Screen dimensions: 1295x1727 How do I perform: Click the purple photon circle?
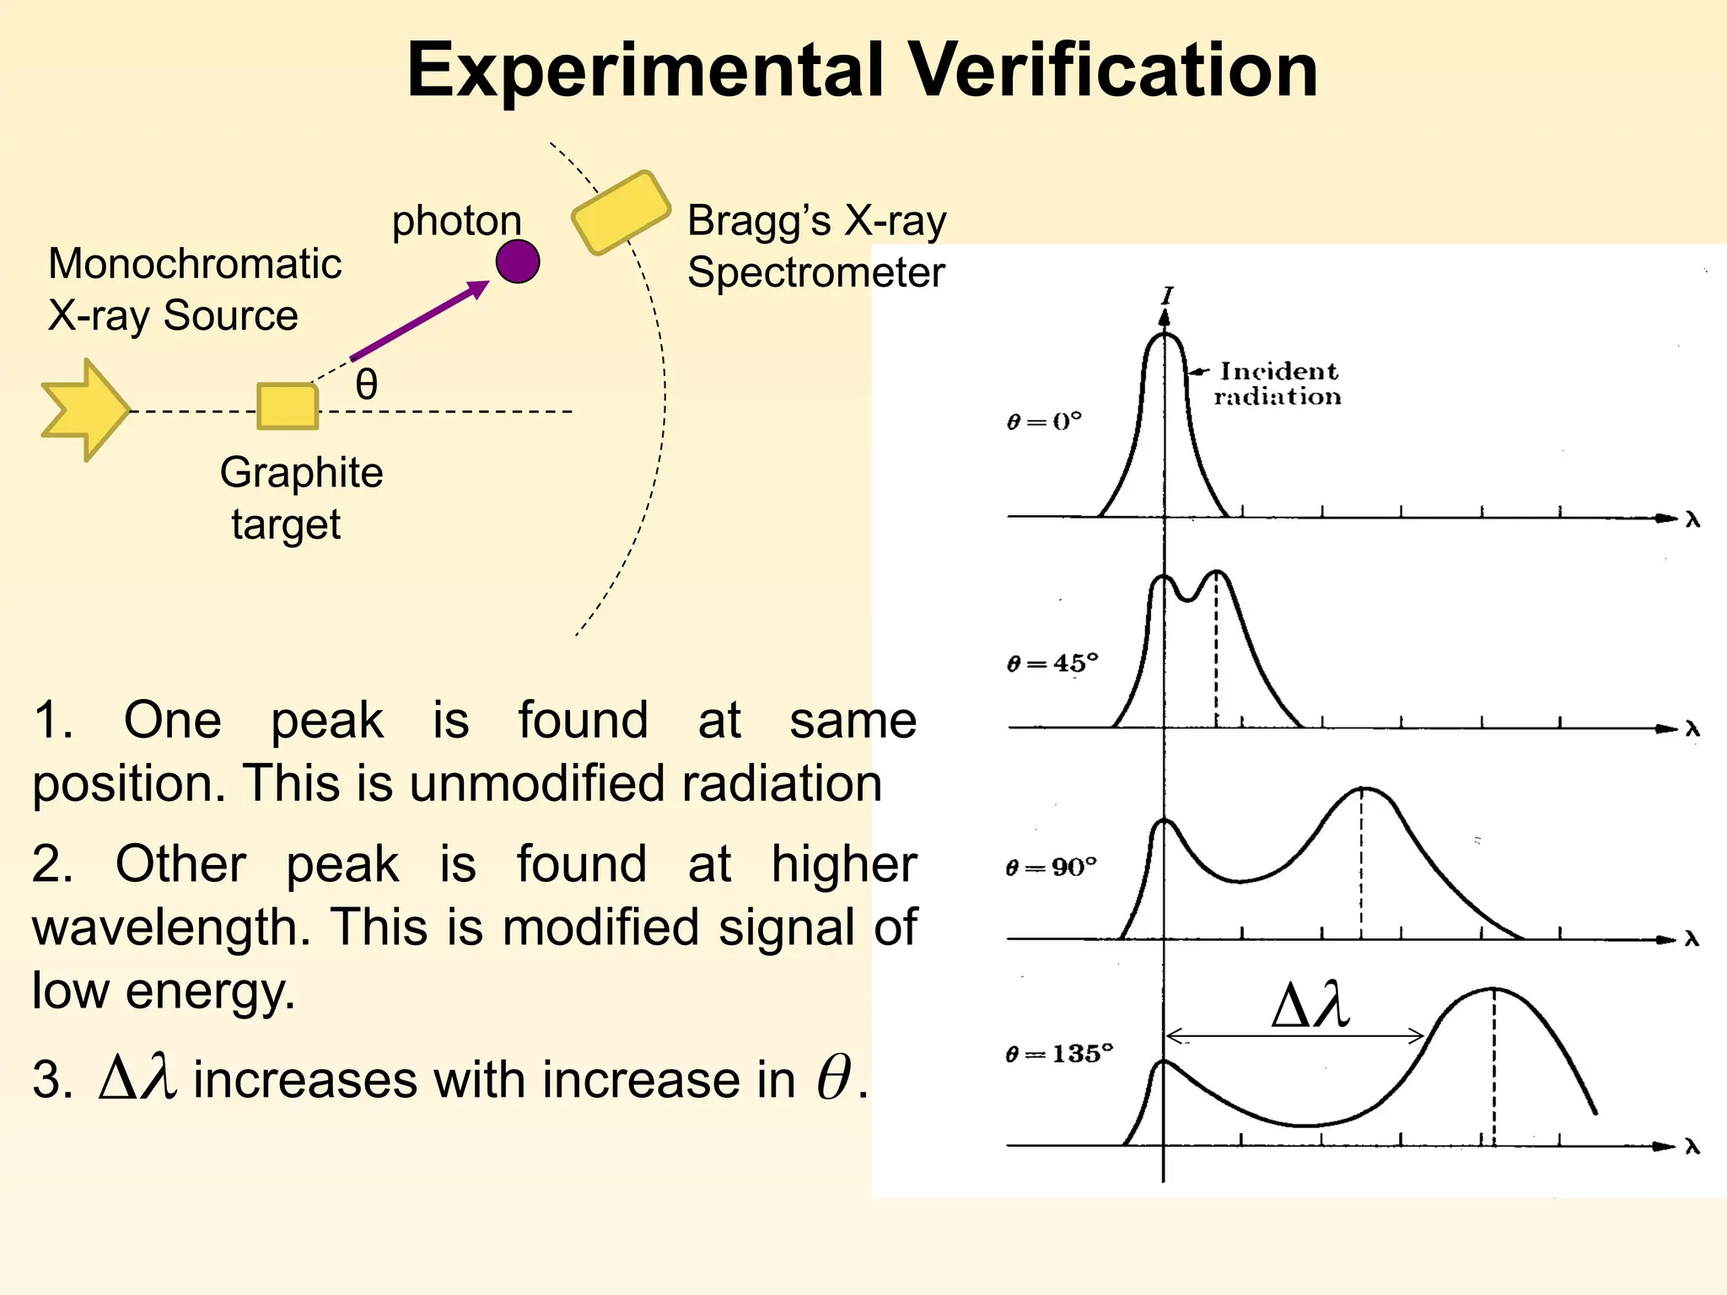pos(518,261)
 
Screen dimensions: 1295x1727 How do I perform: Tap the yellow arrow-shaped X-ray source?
pos(85,411)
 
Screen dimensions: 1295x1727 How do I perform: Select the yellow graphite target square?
pos(288,406)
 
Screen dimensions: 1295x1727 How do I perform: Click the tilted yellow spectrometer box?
pos(621,212)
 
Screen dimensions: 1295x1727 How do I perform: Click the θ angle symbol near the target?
pos(367,384)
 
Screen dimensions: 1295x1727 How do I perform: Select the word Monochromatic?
pos(195,264)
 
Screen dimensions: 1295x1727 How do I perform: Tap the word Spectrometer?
pos(815,273)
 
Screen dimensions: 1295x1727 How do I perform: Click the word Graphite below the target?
pos(301,473)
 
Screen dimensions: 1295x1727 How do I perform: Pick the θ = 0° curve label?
pos(1044,421)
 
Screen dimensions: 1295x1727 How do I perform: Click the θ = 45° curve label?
pos(1052,664)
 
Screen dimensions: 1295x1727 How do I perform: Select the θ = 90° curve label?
pos(1052,868)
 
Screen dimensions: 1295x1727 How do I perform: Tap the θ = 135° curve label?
pos(1059,1054)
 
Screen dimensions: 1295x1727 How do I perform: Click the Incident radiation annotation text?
pos(1278,384)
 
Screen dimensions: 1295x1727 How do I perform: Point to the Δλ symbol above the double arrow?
pos(1310,1006)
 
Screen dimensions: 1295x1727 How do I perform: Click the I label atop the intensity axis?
pos(1167,296)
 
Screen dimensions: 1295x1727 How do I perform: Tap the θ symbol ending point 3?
pos(833,1078)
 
